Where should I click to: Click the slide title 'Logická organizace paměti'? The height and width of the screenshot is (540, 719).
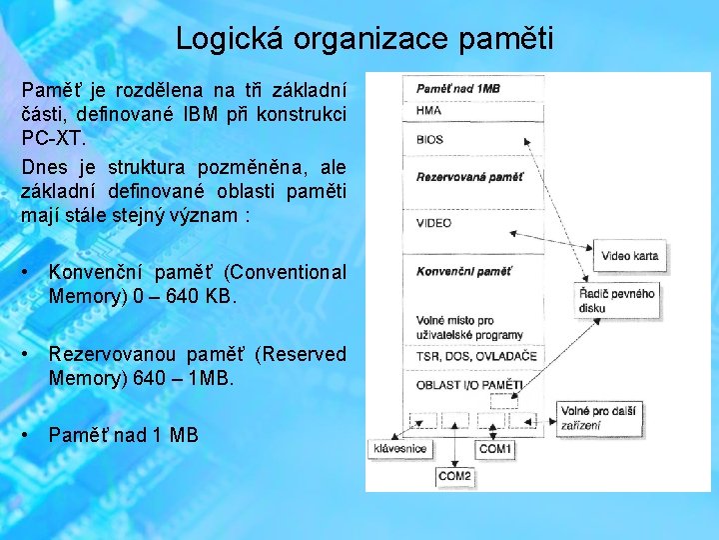(x=363, y=39)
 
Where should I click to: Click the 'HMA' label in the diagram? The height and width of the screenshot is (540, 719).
(x=429, y=111)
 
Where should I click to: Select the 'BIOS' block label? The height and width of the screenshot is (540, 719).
(x=430, y=140)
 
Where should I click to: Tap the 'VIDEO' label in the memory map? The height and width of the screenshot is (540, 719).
(x=434, y=223)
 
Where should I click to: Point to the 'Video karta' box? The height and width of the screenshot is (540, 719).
(x=629, y=256)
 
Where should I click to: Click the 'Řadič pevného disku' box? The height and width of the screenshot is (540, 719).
(x=617, y=300)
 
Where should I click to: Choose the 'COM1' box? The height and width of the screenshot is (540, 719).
(x=495, y=449)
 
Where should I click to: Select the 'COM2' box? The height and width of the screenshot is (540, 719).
(x=455, y=476)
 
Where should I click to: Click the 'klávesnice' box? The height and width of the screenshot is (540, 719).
(x=399, y=449)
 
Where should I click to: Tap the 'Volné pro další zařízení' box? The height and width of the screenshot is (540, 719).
(x=596, y=416)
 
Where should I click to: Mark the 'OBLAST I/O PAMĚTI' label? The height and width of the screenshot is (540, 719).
(x=469, y=384)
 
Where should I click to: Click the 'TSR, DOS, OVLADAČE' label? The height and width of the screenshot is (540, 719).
(x=476, y=356)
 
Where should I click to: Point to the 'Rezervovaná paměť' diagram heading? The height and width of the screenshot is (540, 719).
(x=469, y=177)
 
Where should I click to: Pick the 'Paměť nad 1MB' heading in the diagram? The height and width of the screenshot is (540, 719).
(x=458, y=89)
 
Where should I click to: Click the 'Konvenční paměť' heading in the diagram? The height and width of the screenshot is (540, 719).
(x=464, y=271)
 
